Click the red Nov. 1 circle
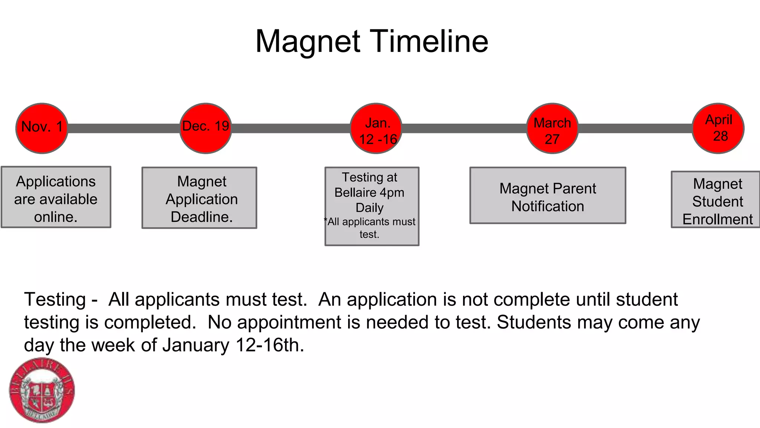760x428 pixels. [42, 128]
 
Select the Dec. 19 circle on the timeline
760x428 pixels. [206, 128]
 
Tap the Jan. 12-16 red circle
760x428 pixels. [376, 128]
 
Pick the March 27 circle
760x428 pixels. [552, 128]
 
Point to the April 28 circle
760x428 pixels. [718, 128]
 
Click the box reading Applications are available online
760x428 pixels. [56, 197]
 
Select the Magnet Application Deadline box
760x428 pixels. [199, 198]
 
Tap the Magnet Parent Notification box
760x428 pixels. [548, 195]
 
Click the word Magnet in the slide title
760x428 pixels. [308, 41]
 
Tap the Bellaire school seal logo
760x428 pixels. [42, 390]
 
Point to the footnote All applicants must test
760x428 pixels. [370, 228]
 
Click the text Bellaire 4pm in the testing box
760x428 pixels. [369, 192]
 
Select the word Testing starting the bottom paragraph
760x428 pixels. [55, 299]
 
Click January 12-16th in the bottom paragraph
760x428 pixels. [233, 345]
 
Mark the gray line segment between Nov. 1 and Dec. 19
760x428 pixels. [124, 128]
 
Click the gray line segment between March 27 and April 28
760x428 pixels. [635, 128]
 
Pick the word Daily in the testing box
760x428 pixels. [369, 208]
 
